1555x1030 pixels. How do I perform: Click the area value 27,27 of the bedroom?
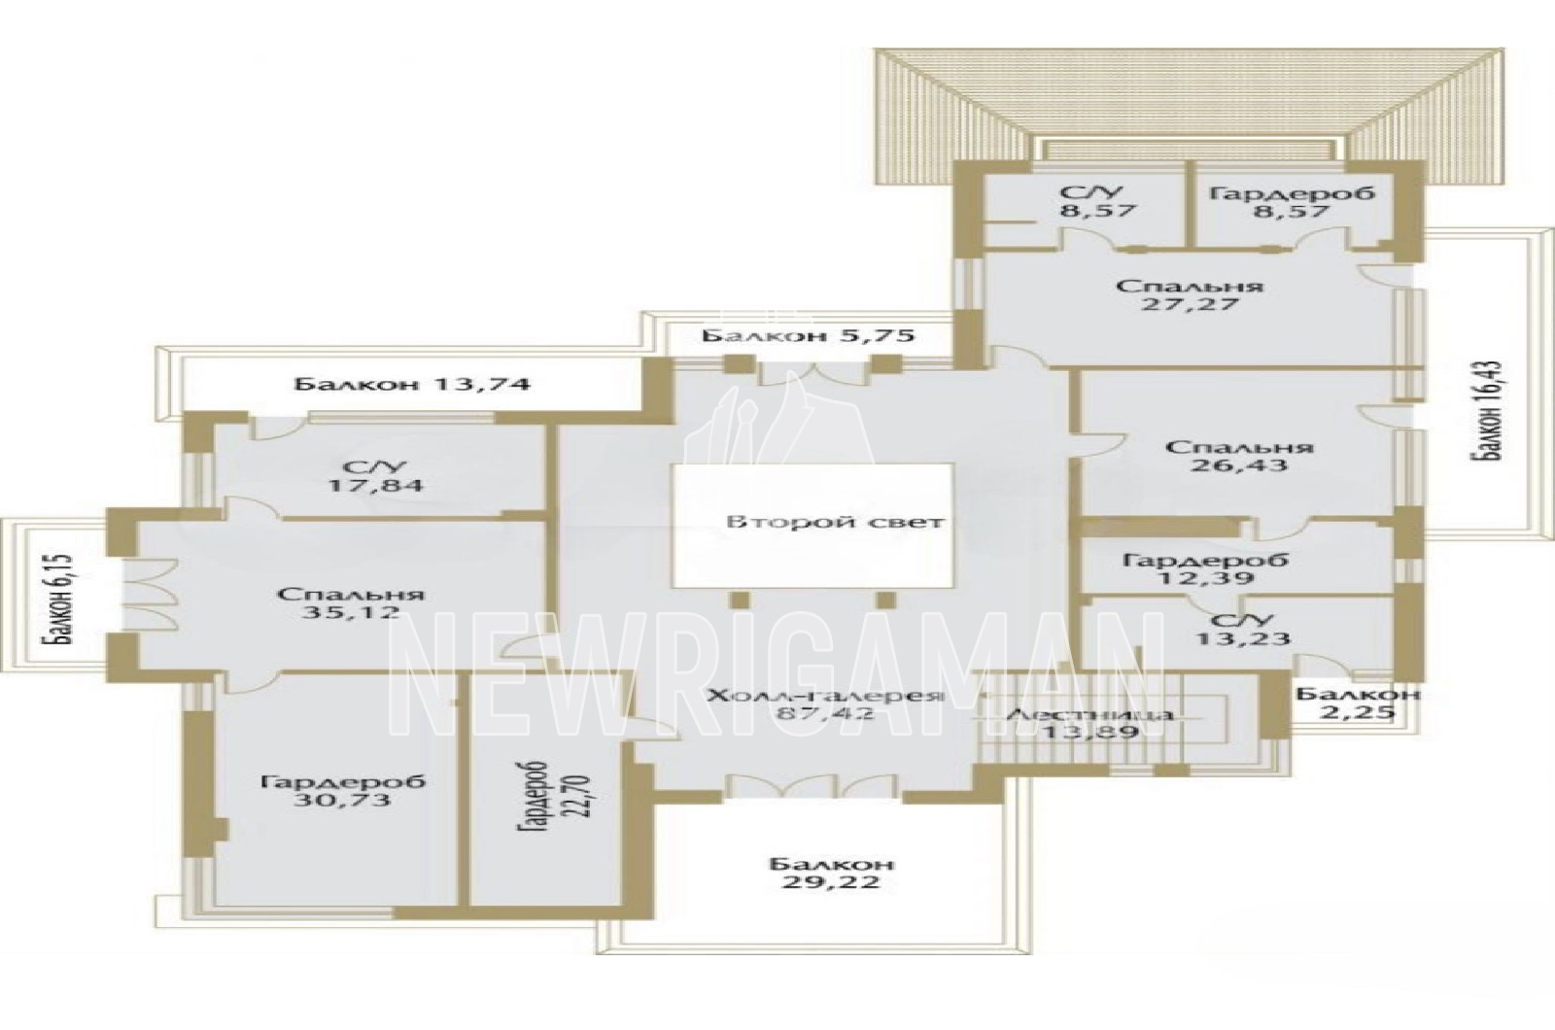[x=1191, y=304]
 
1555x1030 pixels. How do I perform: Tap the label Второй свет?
[x=835, y=522]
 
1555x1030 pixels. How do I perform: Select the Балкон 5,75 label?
[x=809, y=336]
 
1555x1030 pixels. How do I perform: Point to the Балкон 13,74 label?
[x=412, y=384]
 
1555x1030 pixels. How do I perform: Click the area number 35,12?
[x=351, y=612]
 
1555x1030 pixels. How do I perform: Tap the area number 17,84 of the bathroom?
[x=375, y=484]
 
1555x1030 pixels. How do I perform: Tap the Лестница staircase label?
[x=1090, y=714]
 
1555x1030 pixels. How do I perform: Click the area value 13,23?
[x=1243, y=637]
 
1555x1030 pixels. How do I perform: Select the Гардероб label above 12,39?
[x=1205, y=560]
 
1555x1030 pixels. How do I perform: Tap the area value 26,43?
[x=1239, y=464]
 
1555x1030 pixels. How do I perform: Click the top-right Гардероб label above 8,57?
[x=1292, y=193]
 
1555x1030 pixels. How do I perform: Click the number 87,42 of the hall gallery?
[x=824, y=713]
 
